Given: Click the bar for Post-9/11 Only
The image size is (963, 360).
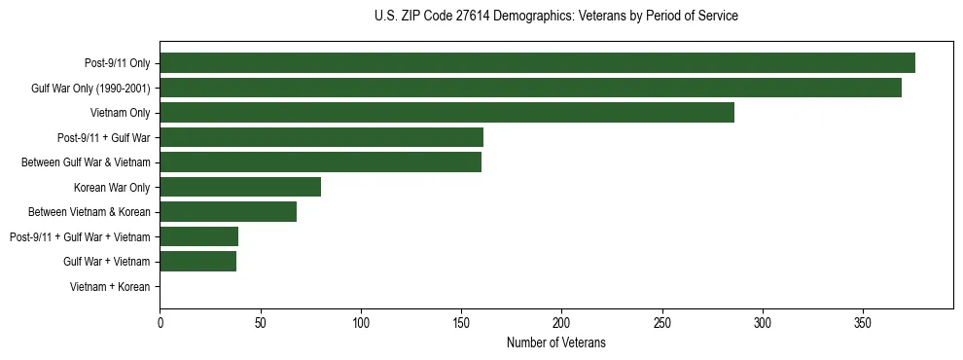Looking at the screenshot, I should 537,63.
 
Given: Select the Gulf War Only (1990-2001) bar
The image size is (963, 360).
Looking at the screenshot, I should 530,88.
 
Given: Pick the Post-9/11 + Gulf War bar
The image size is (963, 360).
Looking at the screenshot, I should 321,137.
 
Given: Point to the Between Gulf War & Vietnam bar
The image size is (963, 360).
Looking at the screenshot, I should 320,162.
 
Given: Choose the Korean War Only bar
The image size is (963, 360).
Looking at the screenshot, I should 240,187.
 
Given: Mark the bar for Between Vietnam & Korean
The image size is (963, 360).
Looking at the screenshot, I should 228,212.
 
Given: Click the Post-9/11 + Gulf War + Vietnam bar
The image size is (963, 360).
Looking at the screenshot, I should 198,236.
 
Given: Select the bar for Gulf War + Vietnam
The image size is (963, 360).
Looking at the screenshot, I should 197,262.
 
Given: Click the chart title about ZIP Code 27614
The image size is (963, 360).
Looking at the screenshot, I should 555,17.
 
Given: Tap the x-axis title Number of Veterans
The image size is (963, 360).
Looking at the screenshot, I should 555,342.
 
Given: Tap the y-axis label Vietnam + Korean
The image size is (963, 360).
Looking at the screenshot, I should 110,287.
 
